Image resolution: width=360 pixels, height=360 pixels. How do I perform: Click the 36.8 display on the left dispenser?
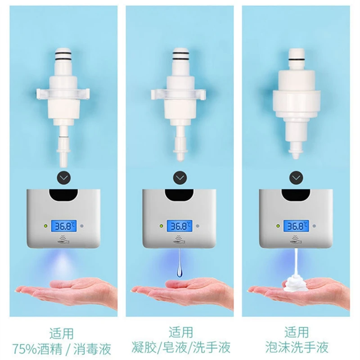(x=63, y=226)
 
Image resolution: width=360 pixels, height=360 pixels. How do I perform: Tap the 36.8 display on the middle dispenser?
(x=180, y=226)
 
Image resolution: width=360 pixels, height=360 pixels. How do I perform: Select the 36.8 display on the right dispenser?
(x=296, y=226)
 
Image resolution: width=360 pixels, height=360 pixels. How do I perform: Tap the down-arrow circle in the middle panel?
(x=180, y=178)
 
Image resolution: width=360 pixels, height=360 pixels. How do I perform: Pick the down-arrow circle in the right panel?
(x=296, y=178)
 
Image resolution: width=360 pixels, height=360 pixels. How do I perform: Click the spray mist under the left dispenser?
(x=63, y=263)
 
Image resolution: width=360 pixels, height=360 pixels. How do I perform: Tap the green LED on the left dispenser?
(x=45, y=226)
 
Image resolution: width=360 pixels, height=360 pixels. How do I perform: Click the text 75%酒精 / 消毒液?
(x=63, y=348)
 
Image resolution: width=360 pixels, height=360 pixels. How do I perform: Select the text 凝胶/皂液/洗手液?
(x=180, y=348)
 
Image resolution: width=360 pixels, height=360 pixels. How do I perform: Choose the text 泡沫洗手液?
(x=296, y=348)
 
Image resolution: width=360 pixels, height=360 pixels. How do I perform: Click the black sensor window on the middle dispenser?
(x=180, y=195)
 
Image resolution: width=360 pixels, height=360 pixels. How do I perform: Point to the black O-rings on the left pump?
(x=63, y=57)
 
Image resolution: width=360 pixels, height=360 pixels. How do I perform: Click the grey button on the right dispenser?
(x=314, y=226)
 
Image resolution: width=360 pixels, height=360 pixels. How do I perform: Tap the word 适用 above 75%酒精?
(x=63, y=333)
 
